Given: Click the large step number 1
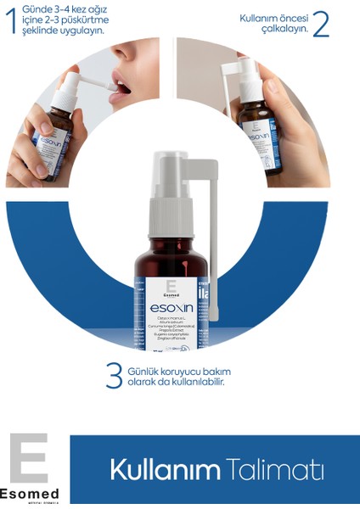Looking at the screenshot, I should (10, 20).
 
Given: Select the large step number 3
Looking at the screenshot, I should (114, 376).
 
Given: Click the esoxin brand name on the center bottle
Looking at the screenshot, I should (160, 305).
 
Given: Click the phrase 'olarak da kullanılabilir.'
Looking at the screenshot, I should (176, 382).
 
